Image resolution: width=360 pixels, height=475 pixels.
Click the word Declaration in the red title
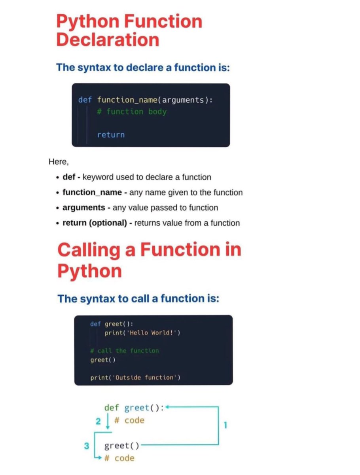(108, 40)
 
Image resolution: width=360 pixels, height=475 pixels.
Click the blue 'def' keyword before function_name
(85, 100)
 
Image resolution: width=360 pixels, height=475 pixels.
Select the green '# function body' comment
(132, 112)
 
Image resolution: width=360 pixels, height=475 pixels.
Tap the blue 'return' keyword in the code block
(111, 135)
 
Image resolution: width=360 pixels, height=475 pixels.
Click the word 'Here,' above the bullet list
(59, 161)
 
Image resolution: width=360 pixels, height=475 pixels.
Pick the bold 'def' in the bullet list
(69, 177)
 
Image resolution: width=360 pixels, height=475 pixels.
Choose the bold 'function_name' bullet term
(92, 192)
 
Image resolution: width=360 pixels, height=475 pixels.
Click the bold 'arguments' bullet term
(84, 207)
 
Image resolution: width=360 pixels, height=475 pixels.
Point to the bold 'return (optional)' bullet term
(95, 223)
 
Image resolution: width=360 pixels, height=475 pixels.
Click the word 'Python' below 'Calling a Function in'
(89, 271)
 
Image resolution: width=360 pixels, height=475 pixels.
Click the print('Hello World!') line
(142, 332)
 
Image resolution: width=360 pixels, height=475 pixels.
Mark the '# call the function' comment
(125, 351)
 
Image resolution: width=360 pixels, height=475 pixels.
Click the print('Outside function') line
(135, 378)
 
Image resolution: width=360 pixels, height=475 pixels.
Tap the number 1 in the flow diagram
(225, 425)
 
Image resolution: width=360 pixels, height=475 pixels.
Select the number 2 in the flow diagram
(98, 421)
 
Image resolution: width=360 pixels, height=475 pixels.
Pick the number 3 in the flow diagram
(87, 446)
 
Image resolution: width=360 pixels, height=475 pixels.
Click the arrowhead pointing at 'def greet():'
(167, 407)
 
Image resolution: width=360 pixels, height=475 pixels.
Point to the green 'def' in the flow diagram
(112, 408)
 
